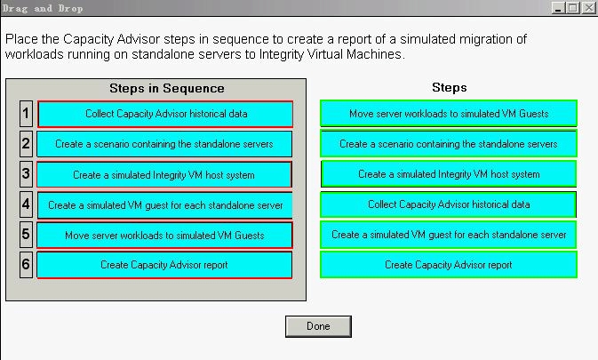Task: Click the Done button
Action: [318, 326]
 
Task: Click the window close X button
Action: [588, 8]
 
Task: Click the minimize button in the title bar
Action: [558, 8]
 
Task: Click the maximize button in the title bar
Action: [573, 8]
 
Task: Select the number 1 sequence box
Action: [26, 114]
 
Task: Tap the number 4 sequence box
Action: [26, 204]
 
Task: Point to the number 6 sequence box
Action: [26, 264]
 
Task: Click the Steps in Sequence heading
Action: [167, 89]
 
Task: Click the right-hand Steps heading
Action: [450, 87]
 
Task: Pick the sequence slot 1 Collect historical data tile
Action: [165, 114]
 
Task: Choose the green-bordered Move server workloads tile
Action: [449, 113]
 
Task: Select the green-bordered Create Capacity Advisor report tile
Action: [449, 265]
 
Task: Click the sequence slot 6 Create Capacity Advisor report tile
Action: [164, 265]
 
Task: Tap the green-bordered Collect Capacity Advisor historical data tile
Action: [449, 204]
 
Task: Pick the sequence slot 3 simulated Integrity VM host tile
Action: [164, 174]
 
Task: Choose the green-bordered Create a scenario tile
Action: [449, 144]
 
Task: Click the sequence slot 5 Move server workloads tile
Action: [164, 235]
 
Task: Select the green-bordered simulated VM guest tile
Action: [449, 235]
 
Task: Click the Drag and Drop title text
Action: [43, 8]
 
